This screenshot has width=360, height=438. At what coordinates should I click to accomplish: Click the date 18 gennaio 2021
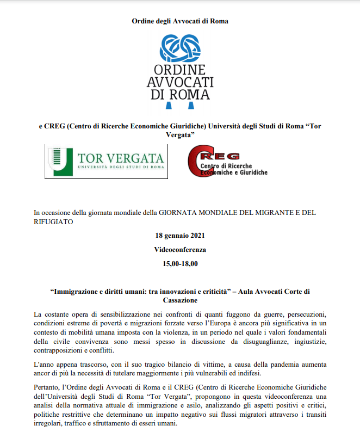[180, 236]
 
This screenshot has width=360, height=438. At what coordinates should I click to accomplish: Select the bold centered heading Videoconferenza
[180, 250]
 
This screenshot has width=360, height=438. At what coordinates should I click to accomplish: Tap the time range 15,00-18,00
[180, 264]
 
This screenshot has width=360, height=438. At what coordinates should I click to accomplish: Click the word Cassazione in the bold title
[180, 300]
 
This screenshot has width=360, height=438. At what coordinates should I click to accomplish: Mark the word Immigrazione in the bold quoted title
[79, 291]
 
